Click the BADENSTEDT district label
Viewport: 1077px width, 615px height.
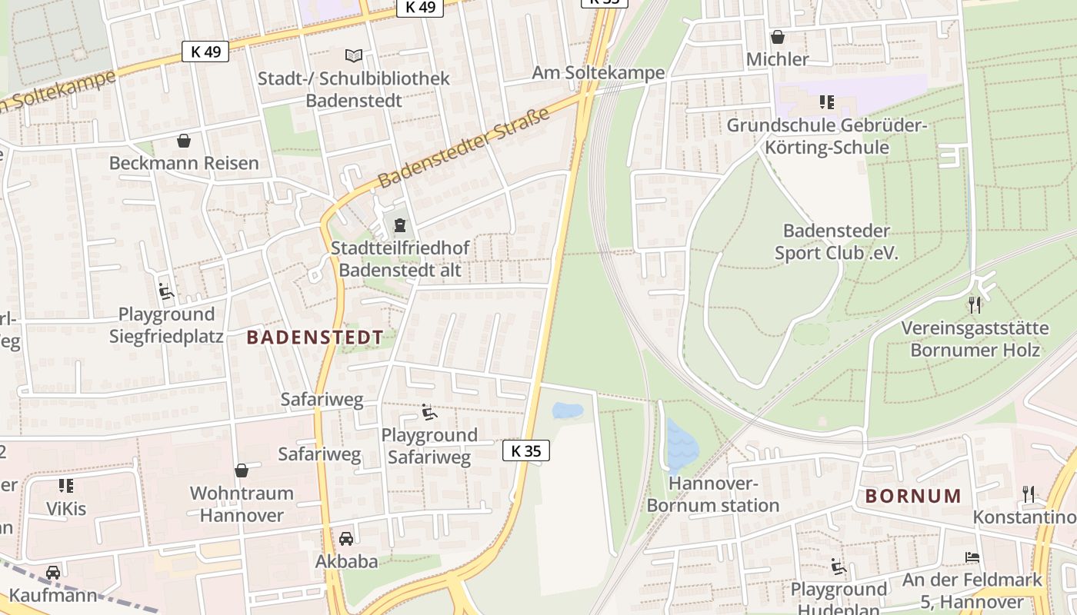[x=315, y=337]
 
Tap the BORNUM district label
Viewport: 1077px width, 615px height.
[x=913, y=496]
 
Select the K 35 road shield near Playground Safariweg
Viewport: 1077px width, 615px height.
[x=526, y=451]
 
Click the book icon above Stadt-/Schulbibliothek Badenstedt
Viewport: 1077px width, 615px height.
[x=353, y=55]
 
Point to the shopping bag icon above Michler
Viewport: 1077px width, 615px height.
[x=778, y=36]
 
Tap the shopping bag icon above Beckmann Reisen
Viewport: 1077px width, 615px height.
[x=184, y=141]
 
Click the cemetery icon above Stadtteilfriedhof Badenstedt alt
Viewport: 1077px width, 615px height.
[x=399, y=225]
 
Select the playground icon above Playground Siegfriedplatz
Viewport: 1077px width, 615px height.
[x=166, y=291]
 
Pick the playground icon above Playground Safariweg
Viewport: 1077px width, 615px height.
[x=429, y=412]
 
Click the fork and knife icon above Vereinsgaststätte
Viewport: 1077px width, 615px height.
[x=975, y=305]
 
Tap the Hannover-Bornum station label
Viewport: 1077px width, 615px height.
[x=713, y=494]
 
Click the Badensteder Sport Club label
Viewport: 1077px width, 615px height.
[x=836, y=241]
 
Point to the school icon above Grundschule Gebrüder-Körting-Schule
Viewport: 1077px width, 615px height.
[x=827, y=102]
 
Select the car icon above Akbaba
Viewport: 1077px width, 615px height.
[x=346, y=538]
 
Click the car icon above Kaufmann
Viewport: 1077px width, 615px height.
[x=52, y=573]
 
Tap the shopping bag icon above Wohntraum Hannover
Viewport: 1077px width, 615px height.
[x=242, y=470]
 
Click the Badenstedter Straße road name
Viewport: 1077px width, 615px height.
[x=465, y=148]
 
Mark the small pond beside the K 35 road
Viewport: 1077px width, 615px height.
[x=568, y=411]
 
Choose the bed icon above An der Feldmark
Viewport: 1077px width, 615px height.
[x=972, y=557]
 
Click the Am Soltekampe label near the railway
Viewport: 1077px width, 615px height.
[x=598, y=73]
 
